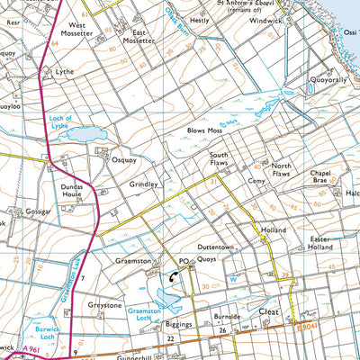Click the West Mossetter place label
coord(78,31)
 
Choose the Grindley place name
coord(142,184)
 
